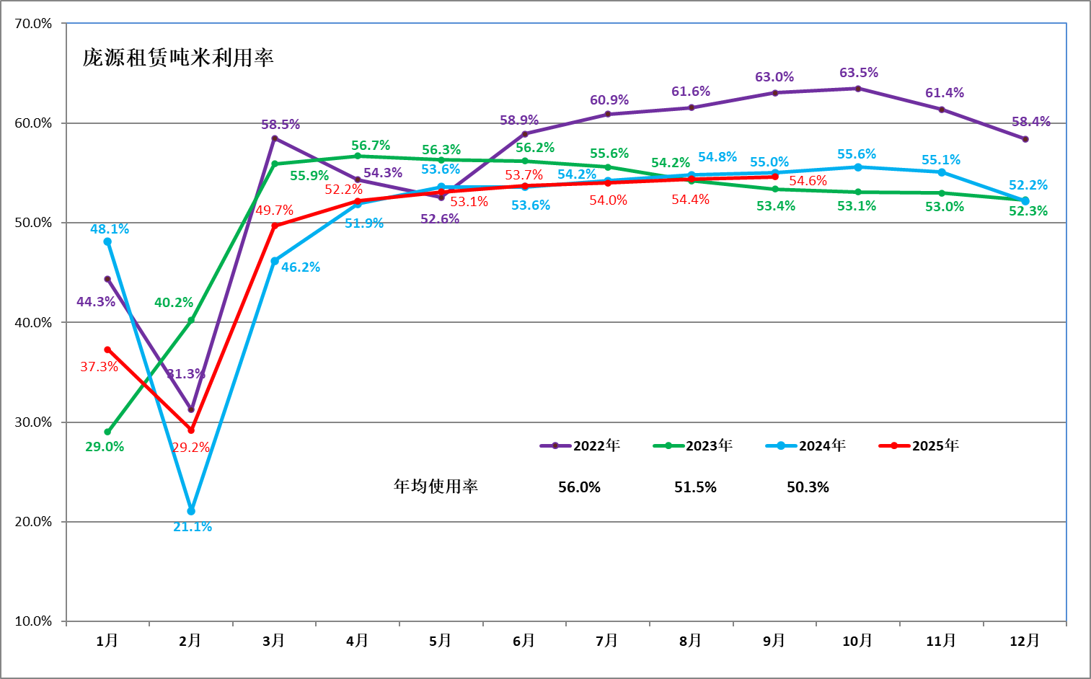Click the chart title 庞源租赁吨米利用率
point(178,58)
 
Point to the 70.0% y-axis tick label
point(33,24)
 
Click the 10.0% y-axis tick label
point(33,621)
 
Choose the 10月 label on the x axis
point(857,641)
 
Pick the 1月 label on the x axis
point(107,641)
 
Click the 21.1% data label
point(193,527)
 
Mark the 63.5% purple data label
point(858,73)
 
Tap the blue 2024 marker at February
point(191,511)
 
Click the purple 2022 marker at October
point(857,89)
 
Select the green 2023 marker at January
point(107,432)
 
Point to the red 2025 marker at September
point(775,177)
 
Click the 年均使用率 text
point(436,487)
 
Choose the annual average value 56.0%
point(579,487)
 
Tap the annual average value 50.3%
point(808,487)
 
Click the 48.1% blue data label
point(110,229)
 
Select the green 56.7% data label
point(371,146)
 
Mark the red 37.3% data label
point(99,367)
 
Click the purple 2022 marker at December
point(1025,139)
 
